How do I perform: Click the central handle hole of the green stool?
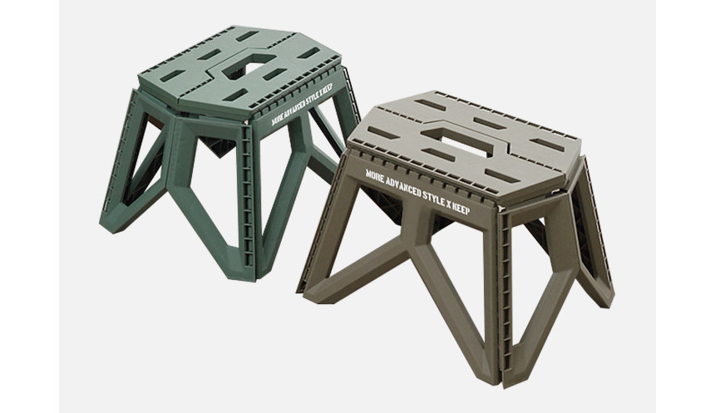pos(249,68)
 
